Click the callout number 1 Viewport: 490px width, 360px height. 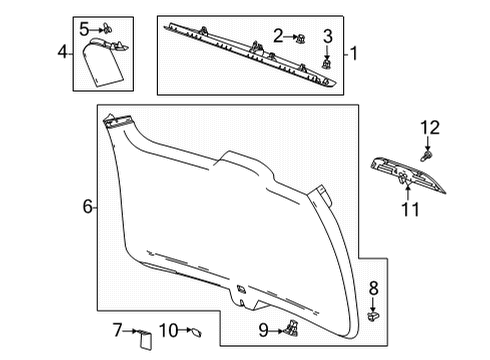(352, 53)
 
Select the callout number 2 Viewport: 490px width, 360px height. (279, 36)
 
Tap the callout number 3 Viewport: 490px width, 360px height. (327, 38)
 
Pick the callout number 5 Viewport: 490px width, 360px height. (84, 27)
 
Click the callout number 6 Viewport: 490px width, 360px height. (88, 207)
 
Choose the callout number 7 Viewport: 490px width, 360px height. (117, 329)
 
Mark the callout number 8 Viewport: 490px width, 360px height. (374, 290)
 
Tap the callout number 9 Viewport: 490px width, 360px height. (263, 329)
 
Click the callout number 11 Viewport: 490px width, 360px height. (408, 208)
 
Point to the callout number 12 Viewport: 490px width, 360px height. (429, 127)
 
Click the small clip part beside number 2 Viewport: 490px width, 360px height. (300, 38)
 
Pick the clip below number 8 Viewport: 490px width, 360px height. (373, 314)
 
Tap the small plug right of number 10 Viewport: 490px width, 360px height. (194, 329)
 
